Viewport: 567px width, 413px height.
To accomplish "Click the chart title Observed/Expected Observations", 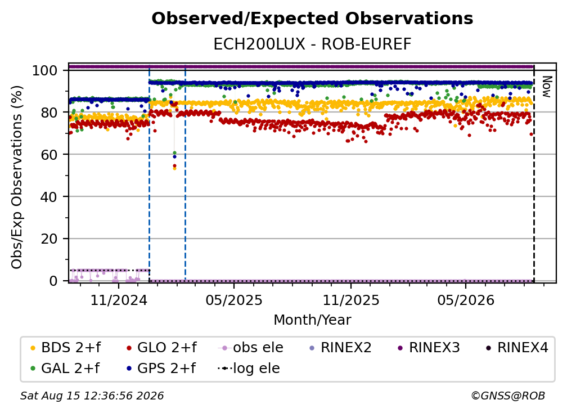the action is tap(312, 19).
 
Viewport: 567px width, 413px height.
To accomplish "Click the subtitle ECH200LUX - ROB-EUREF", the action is tap(312, 44).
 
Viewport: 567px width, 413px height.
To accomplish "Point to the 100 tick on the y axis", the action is tap(44, 70).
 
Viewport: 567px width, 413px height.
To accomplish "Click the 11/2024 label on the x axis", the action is tap(119, 300).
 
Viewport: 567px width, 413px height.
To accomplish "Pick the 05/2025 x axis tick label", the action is tap(234, 300).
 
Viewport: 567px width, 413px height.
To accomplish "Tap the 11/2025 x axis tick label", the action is tap(351, 300).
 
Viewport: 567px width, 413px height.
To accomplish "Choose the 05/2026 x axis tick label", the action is tap(466, 300).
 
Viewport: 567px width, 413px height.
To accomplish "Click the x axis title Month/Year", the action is tap(312, 320).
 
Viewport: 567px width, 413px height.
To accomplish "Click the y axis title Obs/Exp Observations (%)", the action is tap(17, 177).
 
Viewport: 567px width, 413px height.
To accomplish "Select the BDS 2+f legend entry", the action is tap(65, 348).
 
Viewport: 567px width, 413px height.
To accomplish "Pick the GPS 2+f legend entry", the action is tap(160, 368).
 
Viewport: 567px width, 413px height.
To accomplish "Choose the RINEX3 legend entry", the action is tap(429, 348).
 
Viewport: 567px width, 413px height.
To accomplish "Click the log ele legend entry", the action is tap(249, 368).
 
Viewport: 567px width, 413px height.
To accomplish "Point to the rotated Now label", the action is tap(546, 87).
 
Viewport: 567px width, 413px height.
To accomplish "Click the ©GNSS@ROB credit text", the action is tap(508, 396).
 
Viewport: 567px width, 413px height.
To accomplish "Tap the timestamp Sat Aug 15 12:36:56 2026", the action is tap(92, 396).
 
